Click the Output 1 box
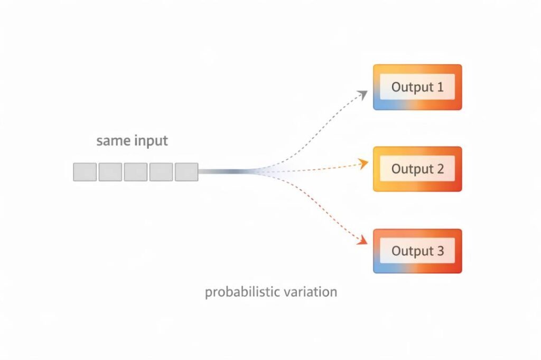pyautogui.click(x=417, y=87)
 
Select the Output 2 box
pyautogui.click(x=417, y=169)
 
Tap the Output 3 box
pyautogui.click(x=417, y=251)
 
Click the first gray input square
pyautogui.click(x=85, y=172)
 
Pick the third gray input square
pyautogui.click(x=136, y=172)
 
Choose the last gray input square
pyautogui.click(x=186, y=172)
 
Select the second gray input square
pyautogui.click(x=110, y=172)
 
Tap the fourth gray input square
pyautogui.click(x=161, y=172)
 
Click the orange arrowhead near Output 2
pyautogui.click(x=363, y=163)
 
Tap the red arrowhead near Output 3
pyautogui.click(x=362, y=241)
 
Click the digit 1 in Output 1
pyautogui.click(x=440, y=87)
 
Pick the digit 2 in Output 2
pyautogui.click(x=440, y=169)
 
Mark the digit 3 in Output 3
pyautogui.click(x=440, y=251)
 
